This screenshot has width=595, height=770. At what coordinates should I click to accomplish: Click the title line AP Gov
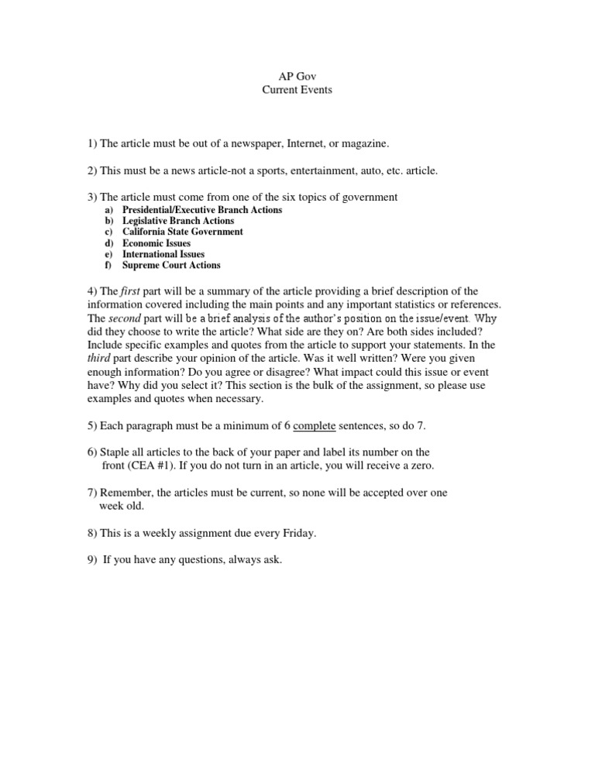point(294,77)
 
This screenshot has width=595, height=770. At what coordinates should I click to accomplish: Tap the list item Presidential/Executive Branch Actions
point(202,210)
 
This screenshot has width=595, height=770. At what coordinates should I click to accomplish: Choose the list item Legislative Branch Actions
point(178,221)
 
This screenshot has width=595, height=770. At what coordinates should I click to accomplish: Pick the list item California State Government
point(183,232)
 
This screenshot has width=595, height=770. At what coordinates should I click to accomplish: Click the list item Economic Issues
point(156,243)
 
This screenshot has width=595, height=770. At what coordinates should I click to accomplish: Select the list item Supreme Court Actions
point(171,265)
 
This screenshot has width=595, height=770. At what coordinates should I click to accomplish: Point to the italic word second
point(124,318)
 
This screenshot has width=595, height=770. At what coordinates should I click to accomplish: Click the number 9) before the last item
point(92,560)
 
